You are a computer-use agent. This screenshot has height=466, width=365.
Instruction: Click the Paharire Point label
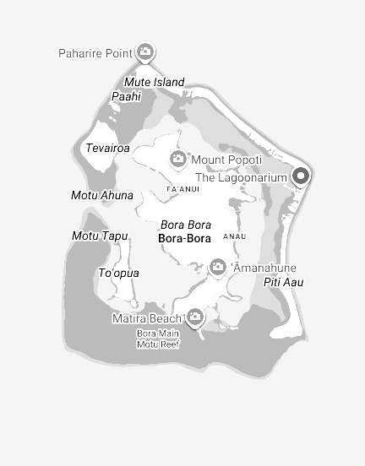click(95, 53)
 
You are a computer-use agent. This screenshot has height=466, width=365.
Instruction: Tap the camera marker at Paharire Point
click(145, 52)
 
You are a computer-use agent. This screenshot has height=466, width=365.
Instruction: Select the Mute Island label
click(154, 82)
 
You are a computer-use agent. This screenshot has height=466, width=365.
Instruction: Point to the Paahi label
click(126, 96)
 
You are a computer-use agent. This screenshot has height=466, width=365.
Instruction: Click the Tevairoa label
click(107, 148)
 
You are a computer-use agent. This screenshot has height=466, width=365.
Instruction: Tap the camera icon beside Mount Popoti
click(178, 158)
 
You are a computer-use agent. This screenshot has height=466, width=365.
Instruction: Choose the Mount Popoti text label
click(226, 160)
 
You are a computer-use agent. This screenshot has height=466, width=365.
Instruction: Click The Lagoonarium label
click(242, 177)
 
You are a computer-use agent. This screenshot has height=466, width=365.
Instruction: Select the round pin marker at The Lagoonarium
click(301, 176)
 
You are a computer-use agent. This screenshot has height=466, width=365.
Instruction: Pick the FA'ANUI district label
click(183, 189)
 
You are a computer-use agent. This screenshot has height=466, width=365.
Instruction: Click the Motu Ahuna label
click(102, 195)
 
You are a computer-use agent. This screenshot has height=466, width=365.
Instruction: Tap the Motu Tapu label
click(100, 236)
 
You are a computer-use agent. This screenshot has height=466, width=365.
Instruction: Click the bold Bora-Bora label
click(184, 239)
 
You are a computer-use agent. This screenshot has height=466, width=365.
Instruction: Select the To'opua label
click(119, 273)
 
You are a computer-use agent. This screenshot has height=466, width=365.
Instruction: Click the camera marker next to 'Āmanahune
click(218, 268)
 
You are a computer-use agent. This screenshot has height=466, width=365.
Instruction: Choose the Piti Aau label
click(284, 281)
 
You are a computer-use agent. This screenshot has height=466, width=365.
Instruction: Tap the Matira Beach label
click(147, 318)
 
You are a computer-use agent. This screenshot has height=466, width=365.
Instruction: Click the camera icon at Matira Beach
click(195, 317)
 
